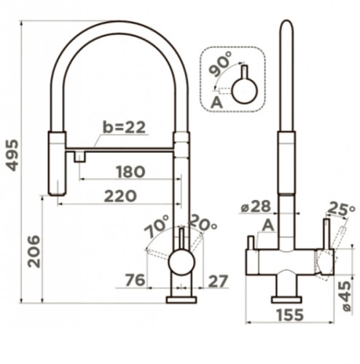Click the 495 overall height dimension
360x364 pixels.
pyautogui.click(x=12, y=155)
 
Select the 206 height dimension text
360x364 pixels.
pyautogui.click(x=34, y=251)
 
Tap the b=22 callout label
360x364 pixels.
pyautogui.click(x=124, y=127)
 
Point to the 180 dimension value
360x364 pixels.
pyautogui.click(x=130, y=172)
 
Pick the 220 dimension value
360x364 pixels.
pyautogui.click(x=120, y=196)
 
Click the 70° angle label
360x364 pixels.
pyautogui.click(x=157, y=226)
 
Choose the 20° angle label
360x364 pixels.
pyautogui.click(x=203, y=223)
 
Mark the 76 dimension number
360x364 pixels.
pyautogui.click(x=135, y=280)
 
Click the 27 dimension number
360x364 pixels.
pyautogui.click(x=219, y=281)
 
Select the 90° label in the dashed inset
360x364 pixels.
pyautogui.click(x=221, y=64)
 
